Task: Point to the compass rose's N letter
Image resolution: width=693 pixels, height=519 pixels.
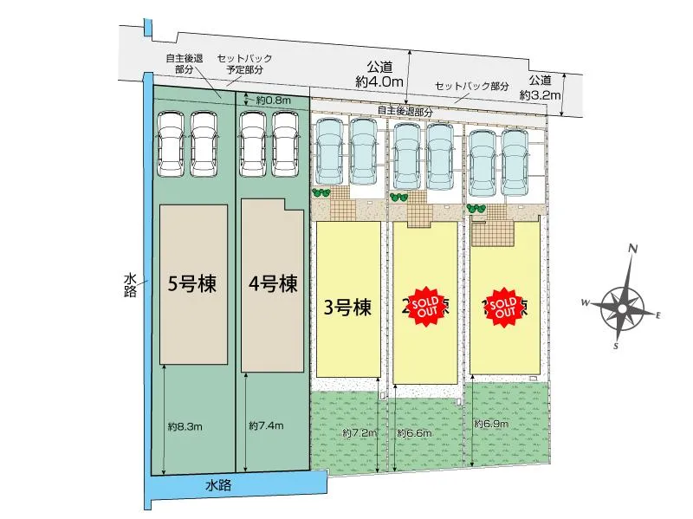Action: (633, 250)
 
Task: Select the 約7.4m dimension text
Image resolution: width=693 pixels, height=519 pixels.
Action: (265, 425)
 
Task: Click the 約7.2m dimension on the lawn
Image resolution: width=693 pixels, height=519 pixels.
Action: (359, 431)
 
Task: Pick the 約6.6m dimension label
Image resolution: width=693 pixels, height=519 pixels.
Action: (414, 431)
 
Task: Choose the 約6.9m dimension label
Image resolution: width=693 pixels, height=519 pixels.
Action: (491, 424)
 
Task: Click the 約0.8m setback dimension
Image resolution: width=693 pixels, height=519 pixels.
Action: (272, 101)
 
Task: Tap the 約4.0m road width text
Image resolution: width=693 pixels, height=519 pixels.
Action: (379, 81)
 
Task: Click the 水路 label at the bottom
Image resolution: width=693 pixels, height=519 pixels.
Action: (218, 486)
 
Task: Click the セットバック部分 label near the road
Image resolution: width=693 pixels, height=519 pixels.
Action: (472, 87)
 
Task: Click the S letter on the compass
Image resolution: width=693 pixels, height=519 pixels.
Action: (615, 347)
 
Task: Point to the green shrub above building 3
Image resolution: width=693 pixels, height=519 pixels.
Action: (321, 193)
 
